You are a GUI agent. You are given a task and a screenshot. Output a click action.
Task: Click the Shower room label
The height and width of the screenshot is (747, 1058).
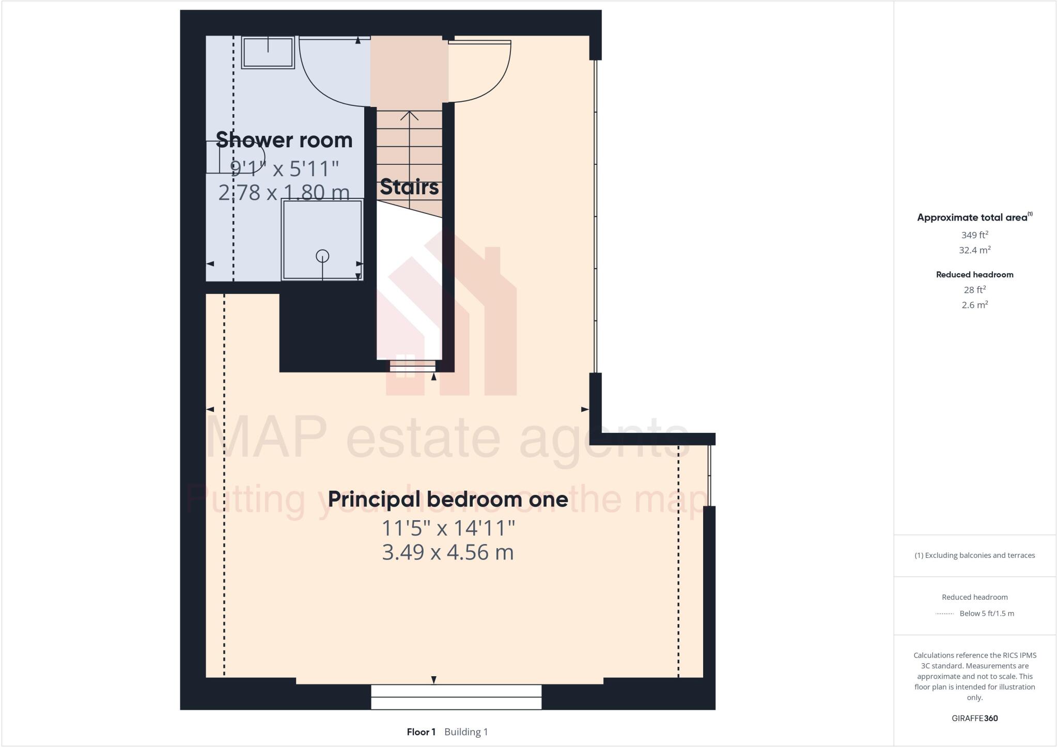pyautogui.click(x=284, y=141)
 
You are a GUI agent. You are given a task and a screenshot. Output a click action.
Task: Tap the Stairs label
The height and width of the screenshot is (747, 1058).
pyautogui.click(x=409, y=187)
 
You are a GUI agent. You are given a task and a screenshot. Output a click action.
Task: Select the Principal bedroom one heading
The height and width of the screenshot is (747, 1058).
pyautogui.click(x=448, y=500)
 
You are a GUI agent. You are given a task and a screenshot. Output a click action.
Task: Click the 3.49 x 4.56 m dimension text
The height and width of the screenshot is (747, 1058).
pyautogui.click(x=448, y=553)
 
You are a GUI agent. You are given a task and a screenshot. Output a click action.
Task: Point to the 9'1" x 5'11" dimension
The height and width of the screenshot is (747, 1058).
pyautogui.click(x=284, y=168)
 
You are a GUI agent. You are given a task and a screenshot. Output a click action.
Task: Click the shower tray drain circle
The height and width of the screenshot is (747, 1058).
pyautogui.click(x=322, y=256)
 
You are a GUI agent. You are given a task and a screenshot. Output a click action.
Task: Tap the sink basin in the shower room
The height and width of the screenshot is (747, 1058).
pyautogui.click(x=268, y=52)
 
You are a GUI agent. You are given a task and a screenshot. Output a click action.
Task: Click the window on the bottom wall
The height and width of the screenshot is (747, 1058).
pyautogui.click(x=456, y=697)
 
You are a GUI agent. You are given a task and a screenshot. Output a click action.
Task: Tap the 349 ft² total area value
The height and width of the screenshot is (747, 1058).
pyautogui.click(x=974, y=235)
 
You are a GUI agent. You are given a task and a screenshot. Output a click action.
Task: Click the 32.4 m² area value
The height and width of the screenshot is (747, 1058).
pyautogui.click(x=974, y=251)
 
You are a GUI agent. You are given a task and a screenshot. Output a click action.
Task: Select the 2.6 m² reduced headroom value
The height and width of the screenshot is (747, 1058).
pyautogui.click(x=974, y=305)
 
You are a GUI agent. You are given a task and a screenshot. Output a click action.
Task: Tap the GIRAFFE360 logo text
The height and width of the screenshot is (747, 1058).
pyautogui.click(x=974, y=718)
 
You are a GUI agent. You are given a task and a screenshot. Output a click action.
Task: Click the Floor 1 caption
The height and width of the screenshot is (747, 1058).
pyautogui.click(x=421, y=732)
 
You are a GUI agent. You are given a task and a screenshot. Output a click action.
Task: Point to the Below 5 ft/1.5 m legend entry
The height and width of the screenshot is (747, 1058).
pyautogui.click(x=986, y=614)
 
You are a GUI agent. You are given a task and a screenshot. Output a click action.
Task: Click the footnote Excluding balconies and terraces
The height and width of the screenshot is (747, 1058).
pyautogui.click(x=974, y=555)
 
